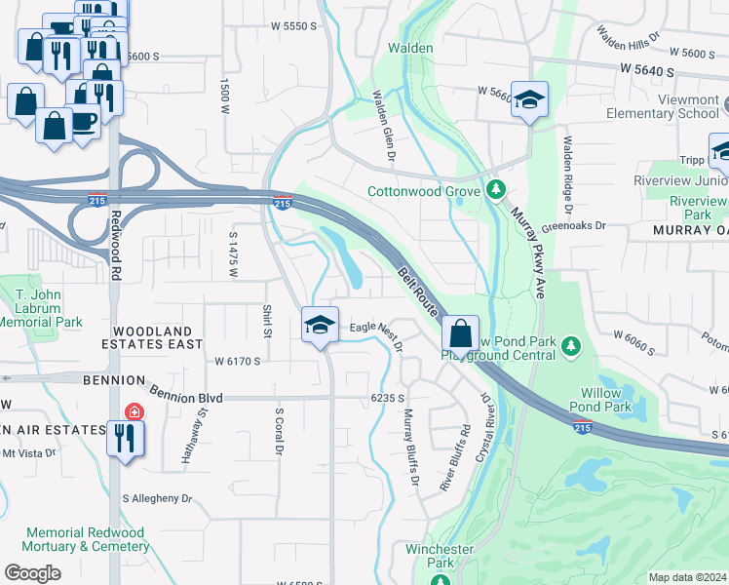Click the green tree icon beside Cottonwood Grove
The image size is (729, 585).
click(496, 189)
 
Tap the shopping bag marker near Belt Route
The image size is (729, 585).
click(461, 333)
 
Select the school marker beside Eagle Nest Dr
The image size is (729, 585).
click(319, 327)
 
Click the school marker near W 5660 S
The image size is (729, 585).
click(529, 99)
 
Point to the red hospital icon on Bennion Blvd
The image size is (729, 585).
click(133, 412)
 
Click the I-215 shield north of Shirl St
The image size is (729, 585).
click(282, 203)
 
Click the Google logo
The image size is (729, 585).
click(32, 573)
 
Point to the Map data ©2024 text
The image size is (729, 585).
click(687, 577)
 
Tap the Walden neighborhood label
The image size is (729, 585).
click(410, 48)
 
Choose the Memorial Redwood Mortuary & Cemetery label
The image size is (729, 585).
click(85, 539)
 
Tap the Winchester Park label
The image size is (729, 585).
click(439, 556)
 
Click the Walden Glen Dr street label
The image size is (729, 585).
click(383, 126)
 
